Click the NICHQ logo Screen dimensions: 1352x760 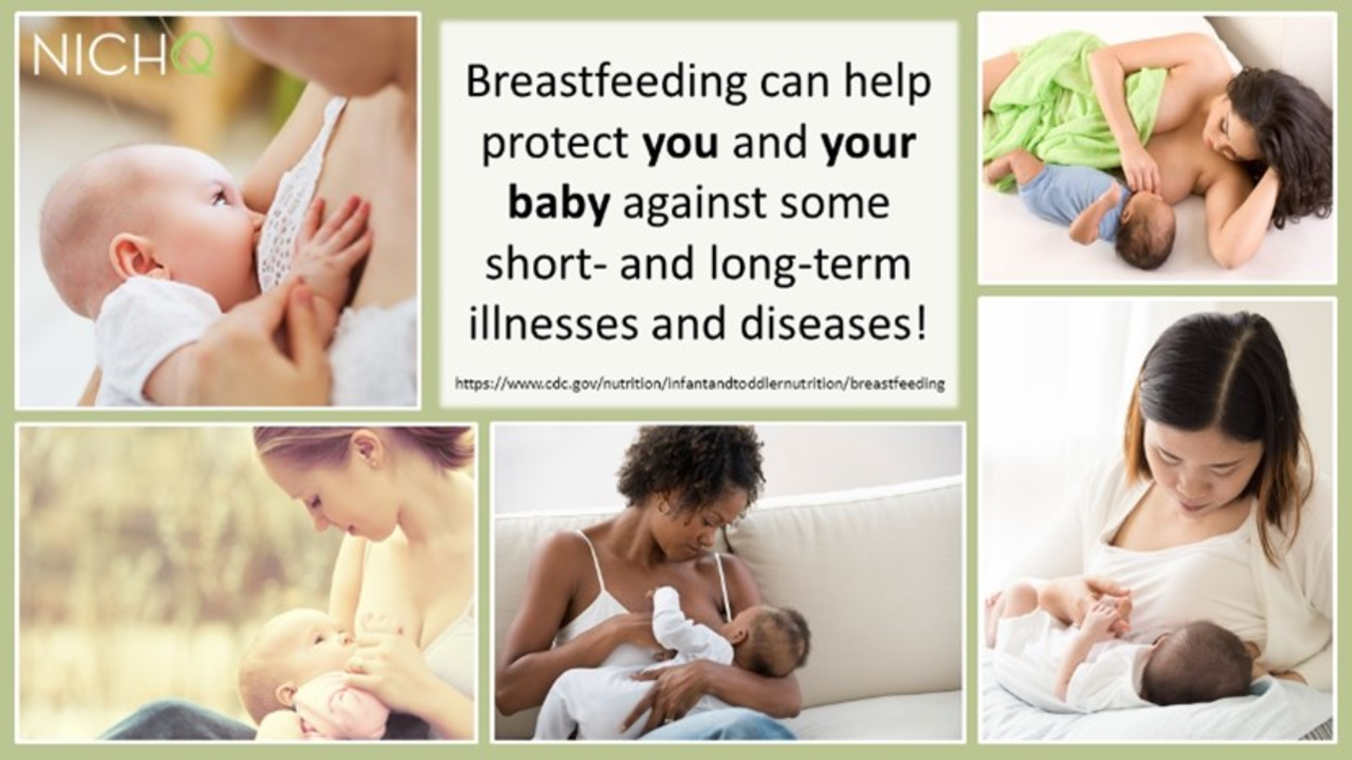[124, 54]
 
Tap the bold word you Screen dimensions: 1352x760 [681, 144]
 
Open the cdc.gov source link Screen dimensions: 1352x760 [699, 384]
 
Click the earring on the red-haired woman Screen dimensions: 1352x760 [371, 464]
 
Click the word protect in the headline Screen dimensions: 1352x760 [555, 145]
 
